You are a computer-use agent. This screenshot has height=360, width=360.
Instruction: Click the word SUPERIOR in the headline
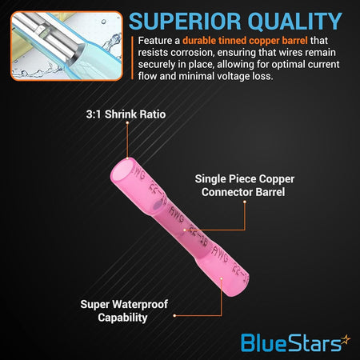(185, 22)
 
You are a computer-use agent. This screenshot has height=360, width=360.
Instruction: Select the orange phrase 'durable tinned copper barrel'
(245, 41)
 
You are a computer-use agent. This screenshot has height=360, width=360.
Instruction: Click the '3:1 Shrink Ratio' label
(126, 114)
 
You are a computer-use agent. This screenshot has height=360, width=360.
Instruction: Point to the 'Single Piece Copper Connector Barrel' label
(245, 186)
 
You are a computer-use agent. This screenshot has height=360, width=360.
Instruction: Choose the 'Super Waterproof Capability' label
(124, 311)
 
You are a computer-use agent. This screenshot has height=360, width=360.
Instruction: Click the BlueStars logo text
(291, 343)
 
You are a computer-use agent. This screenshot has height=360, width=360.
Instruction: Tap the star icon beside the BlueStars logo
(346, 340)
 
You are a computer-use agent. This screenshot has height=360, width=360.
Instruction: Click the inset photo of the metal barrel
(66, 46)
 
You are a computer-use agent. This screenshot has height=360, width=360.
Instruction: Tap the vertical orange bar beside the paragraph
(132, 58)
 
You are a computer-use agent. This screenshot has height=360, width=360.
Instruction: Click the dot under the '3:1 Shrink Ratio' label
(127, 123)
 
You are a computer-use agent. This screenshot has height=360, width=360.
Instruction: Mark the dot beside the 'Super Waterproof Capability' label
(174, 316)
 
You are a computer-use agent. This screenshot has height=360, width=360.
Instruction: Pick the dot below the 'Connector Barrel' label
(245, 202)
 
